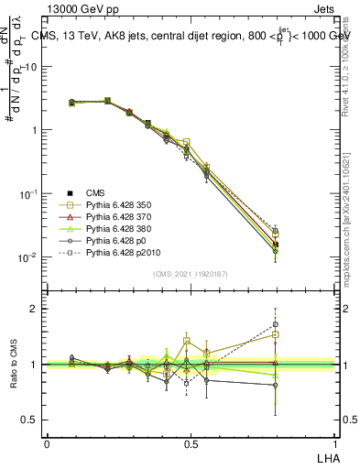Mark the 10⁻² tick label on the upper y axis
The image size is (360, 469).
coord(30,257)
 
